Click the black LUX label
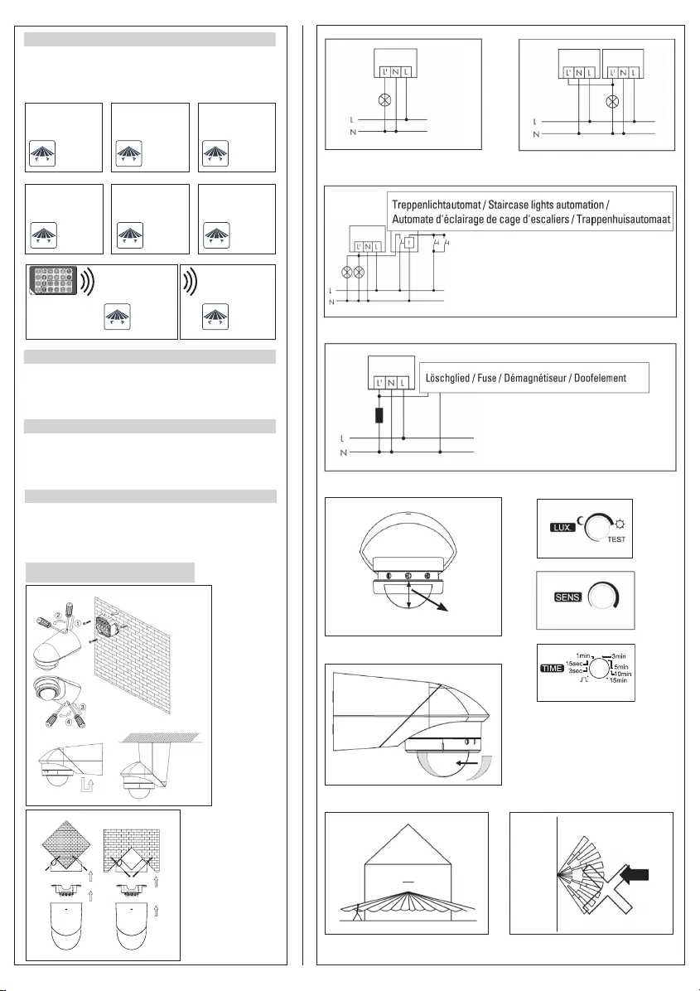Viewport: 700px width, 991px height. pos(562,526)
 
